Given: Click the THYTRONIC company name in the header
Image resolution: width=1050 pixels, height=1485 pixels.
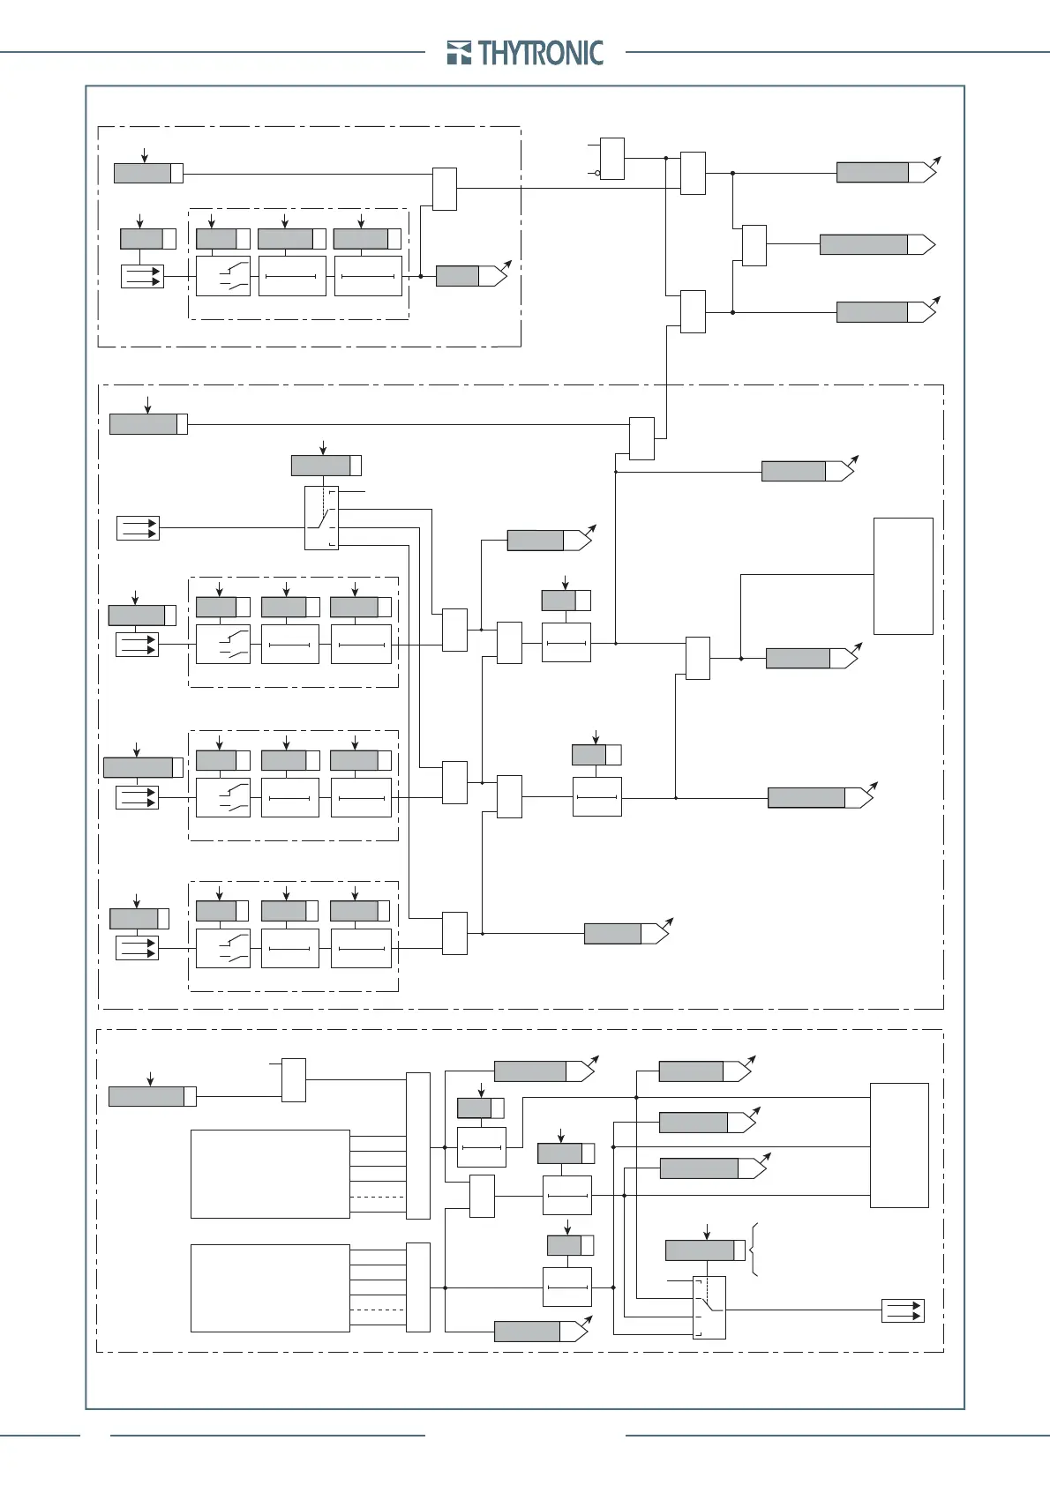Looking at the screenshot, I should [x=541, y=53].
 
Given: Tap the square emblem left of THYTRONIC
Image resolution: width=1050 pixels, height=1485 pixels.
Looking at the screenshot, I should [x=459, y=53].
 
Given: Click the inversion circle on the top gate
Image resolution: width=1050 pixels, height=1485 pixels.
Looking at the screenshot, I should [x=597, y=173].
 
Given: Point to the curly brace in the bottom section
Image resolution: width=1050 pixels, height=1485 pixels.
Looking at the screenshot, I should [x=754, y=1250].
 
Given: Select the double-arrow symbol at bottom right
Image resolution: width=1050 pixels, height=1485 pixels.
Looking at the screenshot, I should [x=903, y=1310].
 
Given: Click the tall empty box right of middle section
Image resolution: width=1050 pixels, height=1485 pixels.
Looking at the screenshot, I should [x=903, y=576].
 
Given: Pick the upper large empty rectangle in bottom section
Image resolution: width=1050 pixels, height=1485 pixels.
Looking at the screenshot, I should [x=270, y=1174].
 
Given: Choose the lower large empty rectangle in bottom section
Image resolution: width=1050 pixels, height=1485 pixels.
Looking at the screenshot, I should [x=270, y=1287].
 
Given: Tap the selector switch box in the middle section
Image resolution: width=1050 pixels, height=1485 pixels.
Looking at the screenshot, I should [x=321, y=518].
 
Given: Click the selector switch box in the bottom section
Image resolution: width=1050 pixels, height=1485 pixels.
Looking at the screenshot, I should [x=709, y=1307].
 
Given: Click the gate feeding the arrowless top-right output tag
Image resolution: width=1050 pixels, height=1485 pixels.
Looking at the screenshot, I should [x=754, y=245].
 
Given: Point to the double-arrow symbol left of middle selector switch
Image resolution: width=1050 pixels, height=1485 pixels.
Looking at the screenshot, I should [x=138, y=528].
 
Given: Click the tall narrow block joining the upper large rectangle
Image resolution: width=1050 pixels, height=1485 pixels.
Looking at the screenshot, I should [x=417, y=1145].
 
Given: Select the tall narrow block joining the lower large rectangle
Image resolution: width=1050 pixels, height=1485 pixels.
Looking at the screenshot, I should [x=417, y=1287].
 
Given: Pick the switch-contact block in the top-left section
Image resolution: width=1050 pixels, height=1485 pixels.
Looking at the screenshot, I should [x=222, y=276].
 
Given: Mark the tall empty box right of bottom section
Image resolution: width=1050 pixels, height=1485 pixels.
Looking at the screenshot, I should [x=899, y=1145].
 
